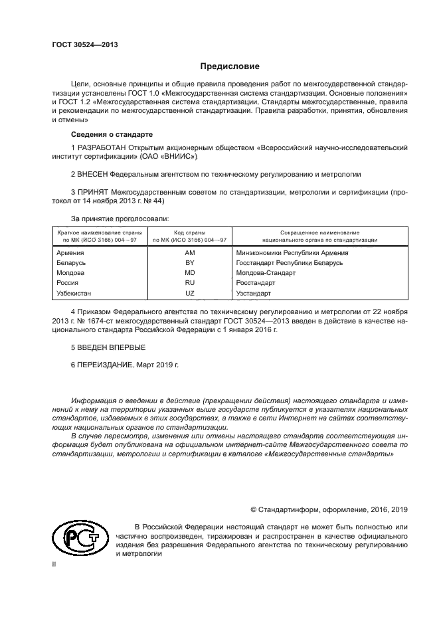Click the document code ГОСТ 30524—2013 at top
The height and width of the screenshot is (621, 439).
click(80, 44)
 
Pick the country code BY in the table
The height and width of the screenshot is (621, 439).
click(189, 263)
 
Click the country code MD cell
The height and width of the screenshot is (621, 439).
click(189, 273)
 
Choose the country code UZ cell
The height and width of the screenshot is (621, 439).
click(189, 292)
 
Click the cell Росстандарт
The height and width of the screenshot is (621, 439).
click(256, 282)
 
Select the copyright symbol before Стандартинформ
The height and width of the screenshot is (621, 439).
click(254, 509)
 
